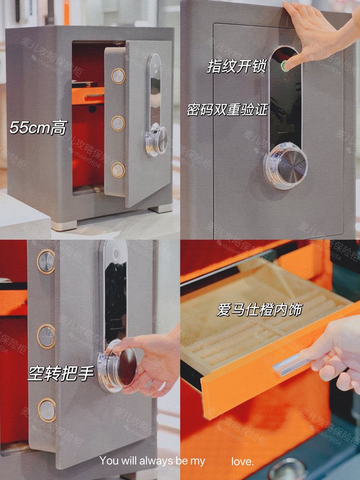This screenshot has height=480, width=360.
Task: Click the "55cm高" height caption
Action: [x=38, y=128]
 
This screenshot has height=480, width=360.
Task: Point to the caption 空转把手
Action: [x=61, y=373]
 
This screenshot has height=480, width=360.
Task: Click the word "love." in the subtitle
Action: [x=242, y=461]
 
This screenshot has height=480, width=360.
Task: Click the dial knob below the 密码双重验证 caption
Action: [x=285, y=165]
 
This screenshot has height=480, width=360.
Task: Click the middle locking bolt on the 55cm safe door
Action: [x=118, y=123]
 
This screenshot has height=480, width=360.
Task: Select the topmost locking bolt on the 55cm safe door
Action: [x=118, y=76]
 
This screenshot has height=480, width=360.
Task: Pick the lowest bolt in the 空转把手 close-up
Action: [x=47, y=409]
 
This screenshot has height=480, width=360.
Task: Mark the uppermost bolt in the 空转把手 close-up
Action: [x=46, y=261]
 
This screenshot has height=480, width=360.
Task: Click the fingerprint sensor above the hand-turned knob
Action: [x=115, y=253]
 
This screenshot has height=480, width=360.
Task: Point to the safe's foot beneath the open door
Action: [x=160, y=208]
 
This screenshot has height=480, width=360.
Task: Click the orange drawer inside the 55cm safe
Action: [x=88, y=95]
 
